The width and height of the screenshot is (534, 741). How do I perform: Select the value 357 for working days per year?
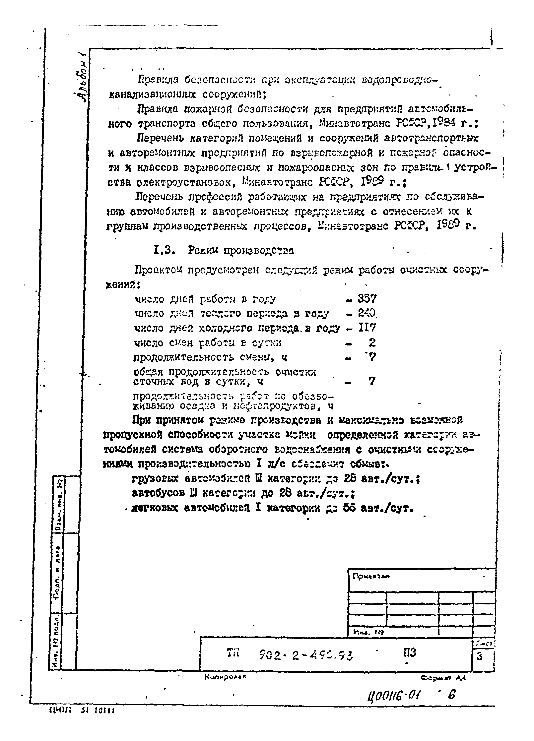(367, 299)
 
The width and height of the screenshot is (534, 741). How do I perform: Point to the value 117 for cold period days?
(367, 328)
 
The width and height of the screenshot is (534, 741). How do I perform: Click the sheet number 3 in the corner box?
(479, 656)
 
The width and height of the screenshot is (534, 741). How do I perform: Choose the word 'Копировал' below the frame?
(225, 677)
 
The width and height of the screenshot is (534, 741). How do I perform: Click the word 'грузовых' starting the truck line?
(155, 479)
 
